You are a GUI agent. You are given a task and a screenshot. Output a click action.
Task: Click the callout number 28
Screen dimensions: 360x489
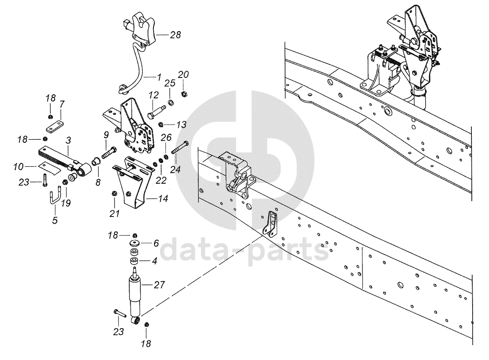tap(176, 35)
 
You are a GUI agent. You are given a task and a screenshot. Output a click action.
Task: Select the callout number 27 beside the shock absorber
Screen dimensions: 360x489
tap(160, 285)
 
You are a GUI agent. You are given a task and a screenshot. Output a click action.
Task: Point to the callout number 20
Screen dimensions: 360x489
tap(184, 75)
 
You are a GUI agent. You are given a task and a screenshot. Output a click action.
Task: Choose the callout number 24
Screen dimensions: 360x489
tap(176, 169)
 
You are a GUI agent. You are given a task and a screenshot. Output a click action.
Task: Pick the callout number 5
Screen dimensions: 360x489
tap(55, 219)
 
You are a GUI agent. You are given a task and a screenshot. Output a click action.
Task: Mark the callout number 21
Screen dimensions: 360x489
tap(115, 214)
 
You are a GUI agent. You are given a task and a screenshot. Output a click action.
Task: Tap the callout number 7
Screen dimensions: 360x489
tap(62, 104)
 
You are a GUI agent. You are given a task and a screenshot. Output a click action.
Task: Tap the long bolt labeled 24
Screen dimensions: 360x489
tap(180, 148)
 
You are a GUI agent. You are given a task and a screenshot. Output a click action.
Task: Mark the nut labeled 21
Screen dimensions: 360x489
tap(114, 194)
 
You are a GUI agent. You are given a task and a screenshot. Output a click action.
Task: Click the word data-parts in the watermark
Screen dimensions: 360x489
tap(244, 250)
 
